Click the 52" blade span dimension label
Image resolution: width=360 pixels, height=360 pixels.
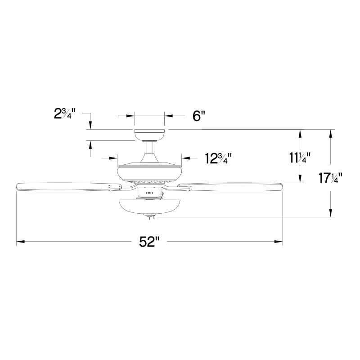point(149,242)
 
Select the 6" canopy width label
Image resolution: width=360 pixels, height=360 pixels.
point(198,116)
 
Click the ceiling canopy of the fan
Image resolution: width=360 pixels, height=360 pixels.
point(150,135)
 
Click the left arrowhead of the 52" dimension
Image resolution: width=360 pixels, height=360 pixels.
point(19,242)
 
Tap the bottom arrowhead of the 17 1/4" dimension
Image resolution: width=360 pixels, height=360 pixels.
point(331,214)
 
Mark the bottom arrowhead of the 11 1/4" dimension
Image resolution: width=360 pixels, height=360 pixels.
point(300,180)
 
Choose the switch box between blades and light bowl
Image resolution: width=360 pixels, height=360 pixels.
point(149,193)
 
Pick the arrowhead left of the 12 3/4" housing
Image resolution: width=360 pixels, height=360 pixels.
point(114,158)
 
